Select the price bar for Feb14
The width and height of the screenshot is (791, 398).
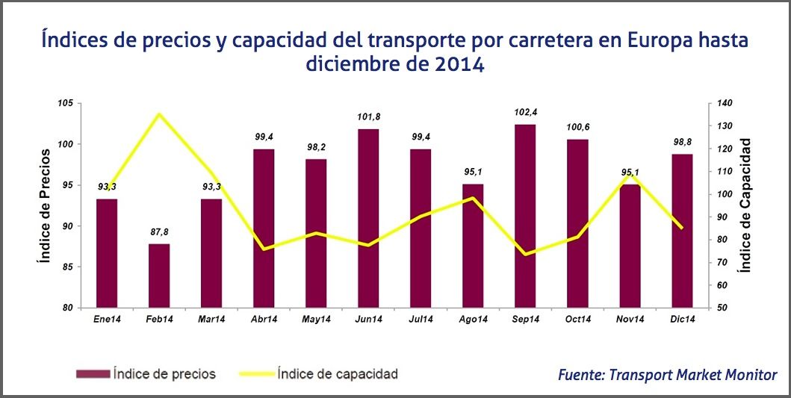(x=159, y=276)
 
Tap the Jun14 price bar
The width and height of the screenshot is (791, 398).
(x=368, y=218)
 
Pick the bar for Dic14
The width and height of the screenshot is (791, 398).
(x=682, y=231)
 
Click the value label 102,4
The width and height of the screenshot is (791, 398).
(x=525, y=112)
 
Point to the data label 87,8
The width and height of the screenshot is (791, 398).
(x=159, y=231)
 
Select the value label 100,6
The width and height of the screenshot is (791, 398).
(x=577, y=127)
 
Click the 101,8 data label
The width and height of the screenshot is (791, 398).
(x=368, y=116)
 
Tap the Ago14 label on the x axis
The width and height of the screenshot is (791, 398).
(x=474, y=320)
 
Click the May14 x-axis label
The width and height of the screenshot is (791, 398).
(x=316, y=320)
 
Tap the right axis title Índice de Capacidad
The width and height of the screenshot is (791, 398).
(x=744, y=205)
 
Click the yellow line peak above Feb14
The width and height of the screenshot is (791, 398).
(x=159, y=114)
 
